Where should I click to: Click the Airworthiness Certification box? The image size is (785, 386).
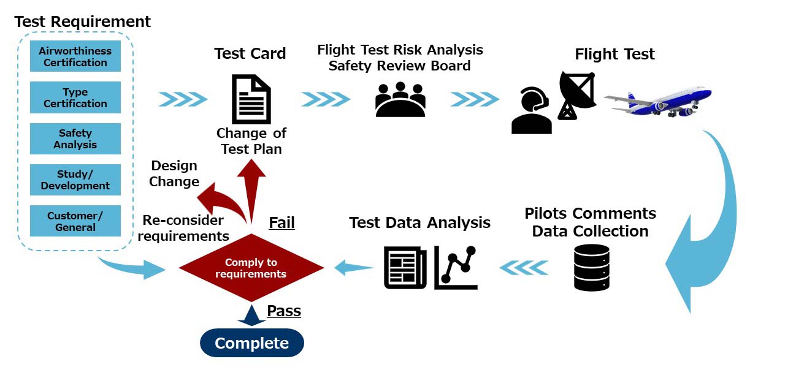coord(75,56)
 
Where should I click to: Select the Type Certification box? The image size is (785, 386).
coord(75,98)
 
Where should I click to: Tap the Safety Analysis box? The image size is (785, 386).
coord(75,139)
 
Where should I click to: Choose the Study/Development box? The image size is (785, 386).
coord(75,180)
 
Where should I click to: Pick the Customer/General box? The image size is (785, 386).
coord(75,221)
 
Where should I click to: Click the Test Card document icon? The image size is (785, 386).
coord(251,99)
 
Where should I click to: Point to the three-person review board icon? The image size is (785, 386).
coord(400,99)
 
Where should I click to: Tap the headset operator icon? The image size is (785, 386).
coord(532,111)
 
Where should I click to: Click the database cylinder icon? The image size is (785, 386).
coord(592,267)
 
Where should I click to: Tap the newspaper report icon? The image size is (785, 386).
coord(405,267)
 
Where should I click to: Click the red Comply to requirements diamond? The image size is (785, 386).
coord(251,268)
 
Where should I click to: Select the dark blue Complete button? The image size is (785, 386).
coord(252,343)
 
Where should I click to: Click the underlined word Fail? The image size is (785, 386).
coord(282,222)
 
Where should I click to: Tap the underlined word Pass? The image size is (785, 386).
coord(284,311)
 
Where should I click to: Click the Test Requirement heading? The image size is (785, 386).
coord(82,21)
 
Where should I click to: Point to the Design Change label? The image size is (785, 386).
coord(174,173)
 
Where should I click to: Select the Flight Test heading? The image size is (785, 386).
coord(615,54)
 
